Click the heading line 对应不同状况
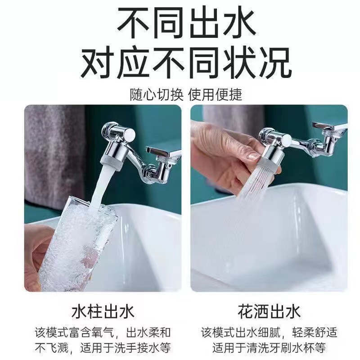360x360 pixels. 180,64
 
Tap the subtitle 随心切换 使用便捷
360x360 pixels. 180,94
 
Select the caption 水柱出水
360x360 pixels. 103,311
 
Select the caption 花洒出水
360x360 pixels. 269,311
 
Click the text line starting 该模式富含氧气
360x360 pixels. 103,333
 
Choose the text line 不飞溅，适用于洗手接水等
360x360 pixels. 103,348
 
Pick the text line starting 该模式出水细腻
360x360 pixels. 269,333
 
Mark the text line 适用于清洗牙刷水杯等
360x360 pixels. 269,348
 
